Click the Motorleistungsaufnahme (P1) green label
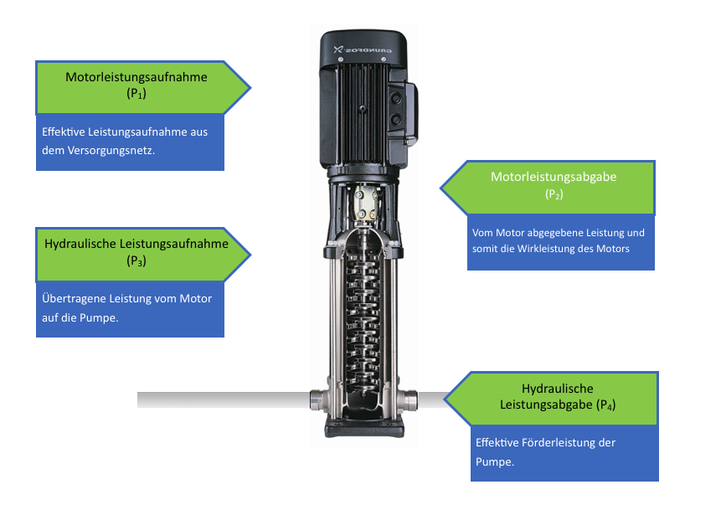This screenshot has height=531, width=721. [x=137, y=85]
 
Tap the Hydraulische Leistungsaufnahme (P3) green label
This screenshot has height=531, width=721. [x=137, y=252]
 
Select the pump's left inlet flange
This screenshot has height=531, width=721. [x=317, y=400]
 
